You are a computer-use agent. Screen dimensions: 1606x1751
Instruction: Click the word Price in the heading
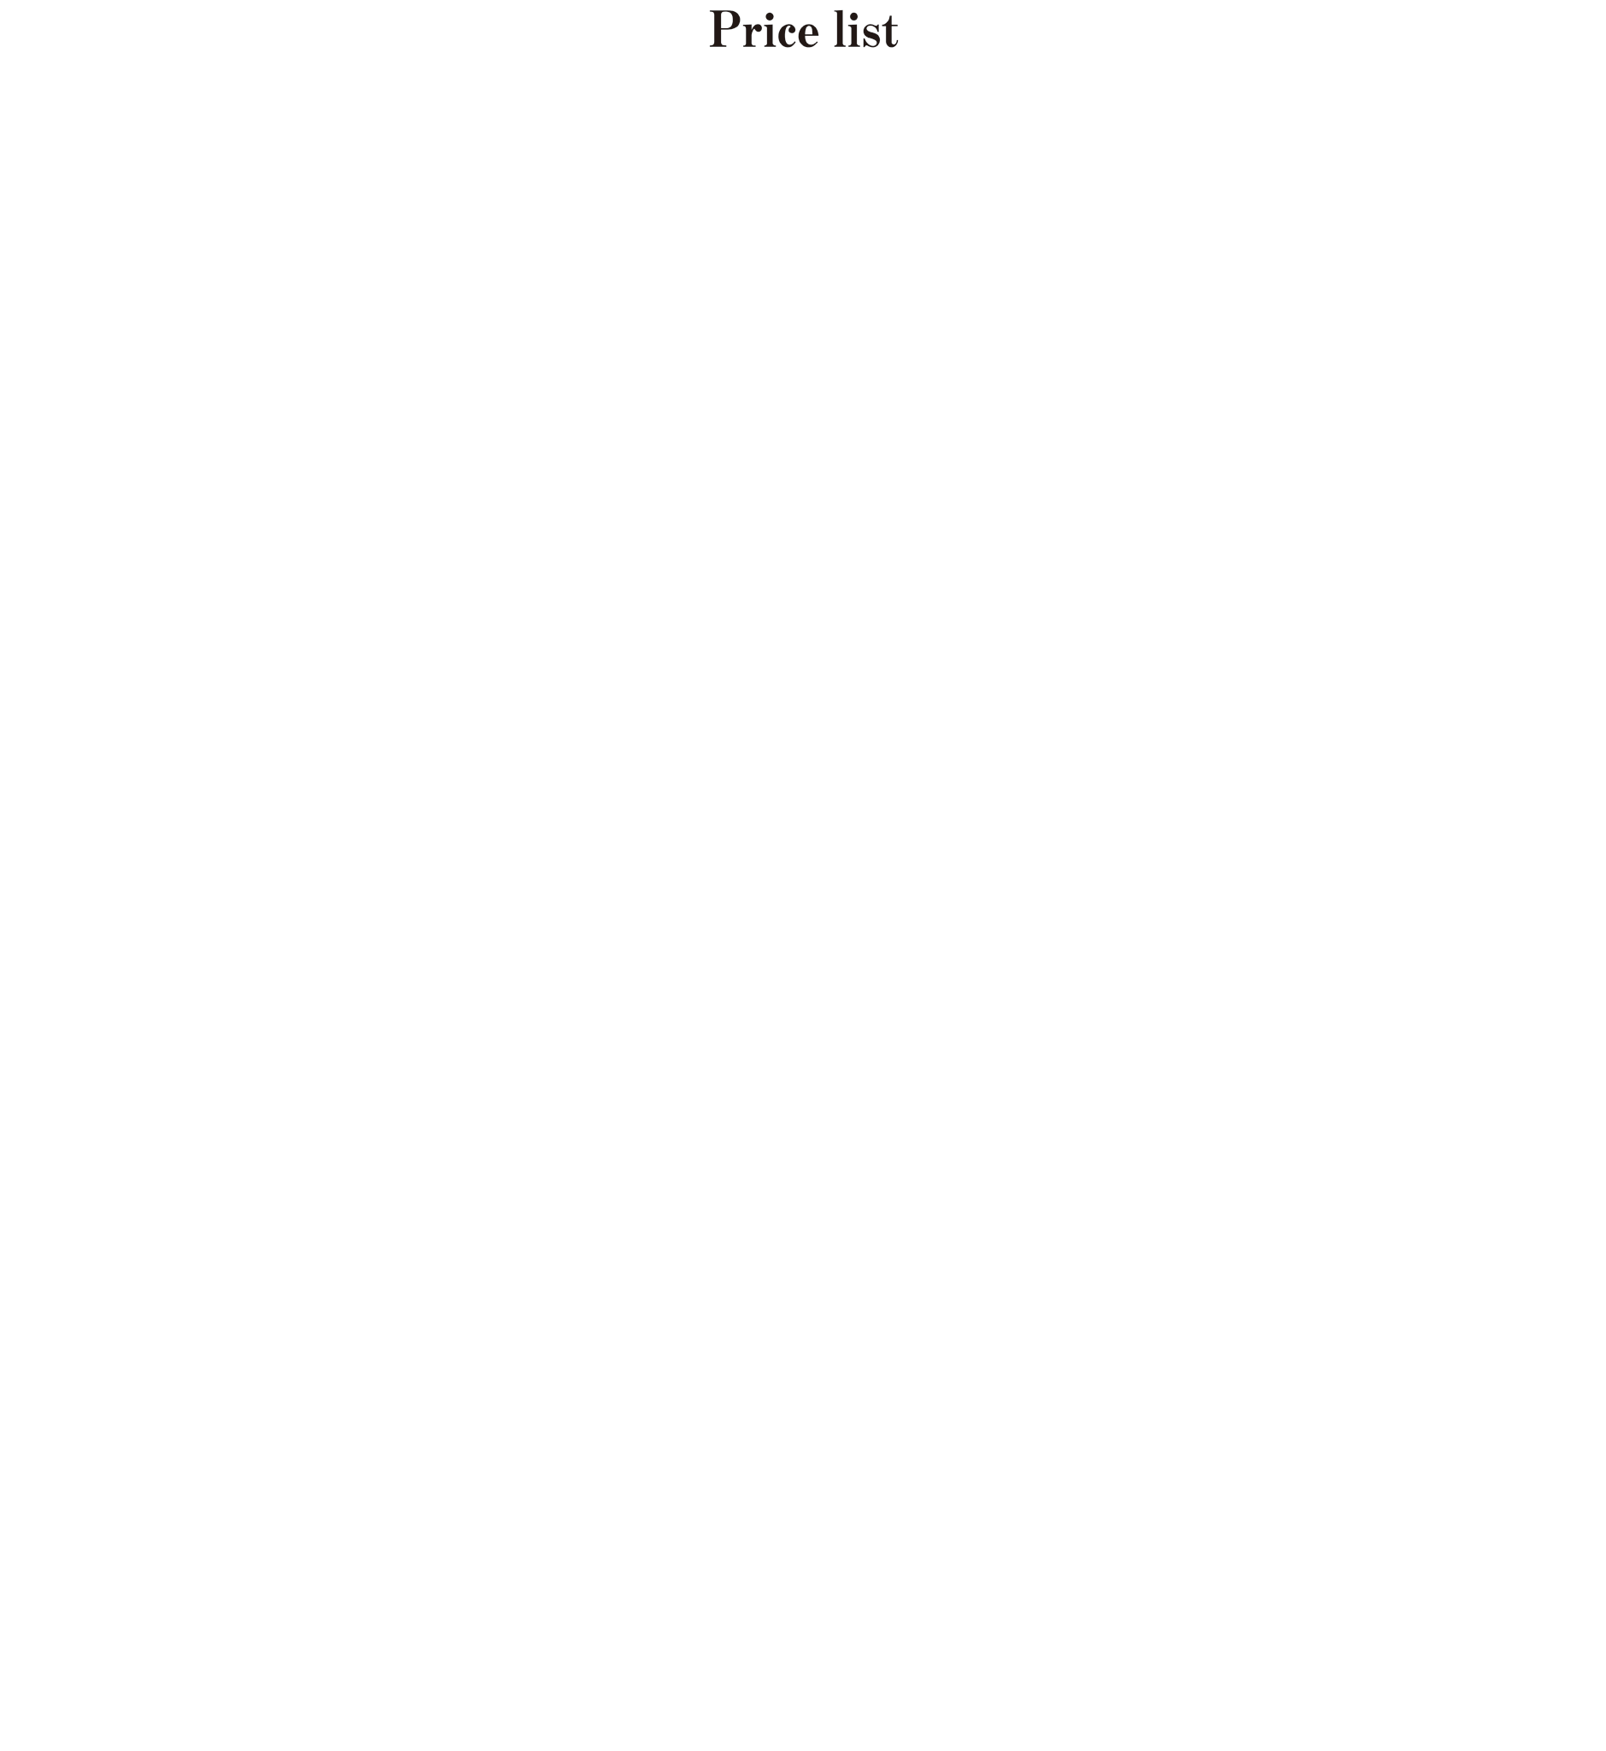tap(764, 30)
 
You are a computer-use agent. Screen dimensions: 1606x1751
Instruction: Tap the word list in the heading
tap(865, 30)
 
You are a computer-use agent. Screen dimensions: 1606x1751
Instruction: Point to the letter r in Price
tap(753, 35)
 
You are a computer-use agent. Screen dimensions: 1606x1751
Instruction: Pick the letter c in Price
tap(787, 35)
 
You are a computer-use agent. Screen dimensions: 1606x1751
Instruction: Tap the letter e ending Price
tap(808, 35)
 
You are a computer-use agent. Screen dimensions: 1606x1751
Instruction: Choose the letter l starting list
tap(841, 28)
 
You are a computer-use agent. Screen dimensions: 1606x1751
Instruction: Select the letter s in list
tap(871, 35)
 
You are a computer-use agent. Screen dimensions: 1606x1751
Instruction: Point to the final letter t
tap(890, 32)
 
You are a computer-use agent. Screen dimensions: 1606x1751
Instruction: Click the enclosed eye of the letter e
tap(808, 29)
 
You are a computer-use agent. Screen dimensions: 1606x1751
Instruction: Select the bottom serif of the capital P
tap(718, 46)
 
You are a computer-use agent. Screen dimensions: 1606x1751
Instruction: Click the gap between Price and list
tap(826, 30)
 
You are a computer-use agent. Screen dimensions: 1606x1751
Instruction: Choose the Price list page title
tap(804, 29)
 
